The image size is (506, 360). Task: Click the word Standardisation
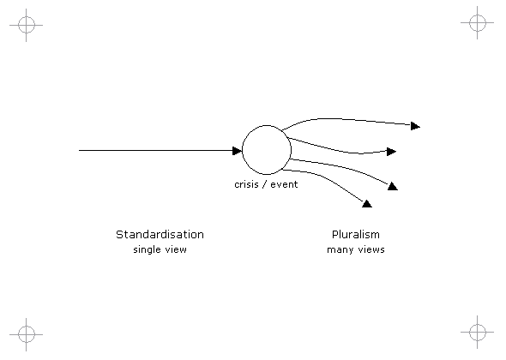[160, 235]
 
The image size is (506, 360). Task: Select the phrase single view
[160, 249]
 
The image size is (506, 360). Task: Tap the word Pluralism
[356, 235]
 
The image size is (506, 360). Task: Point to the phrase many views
[356, 250]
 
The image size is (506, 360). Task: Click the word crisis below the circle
[246, 184]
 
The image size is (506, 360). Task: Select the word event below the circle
[284, 184]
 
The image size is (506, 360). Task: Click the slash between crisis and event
[264, 184]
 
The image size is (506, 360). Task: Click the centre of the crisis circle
[267, 150]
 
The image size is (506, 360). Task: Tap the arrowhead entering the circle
[237, 151]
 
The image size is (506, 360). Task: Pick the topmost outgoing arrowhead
[415, 126]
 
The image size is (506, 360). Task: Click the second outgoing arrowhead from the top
[391, 152]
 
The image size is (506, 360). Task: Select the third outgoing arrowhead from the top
[393, 187]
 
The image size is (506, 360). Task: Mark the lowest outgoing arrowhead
[367, 204]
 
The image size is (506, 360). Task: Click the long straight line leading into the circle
[156, 150]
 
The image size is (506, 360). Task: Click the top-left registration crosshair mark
[26, 25]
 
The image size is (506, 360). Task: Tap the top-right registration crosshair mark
[478, 22]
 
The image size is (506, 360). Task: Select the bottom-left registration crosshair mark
[26, 334]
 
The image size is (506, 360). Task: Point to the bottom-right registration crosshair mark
[478, 332]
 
